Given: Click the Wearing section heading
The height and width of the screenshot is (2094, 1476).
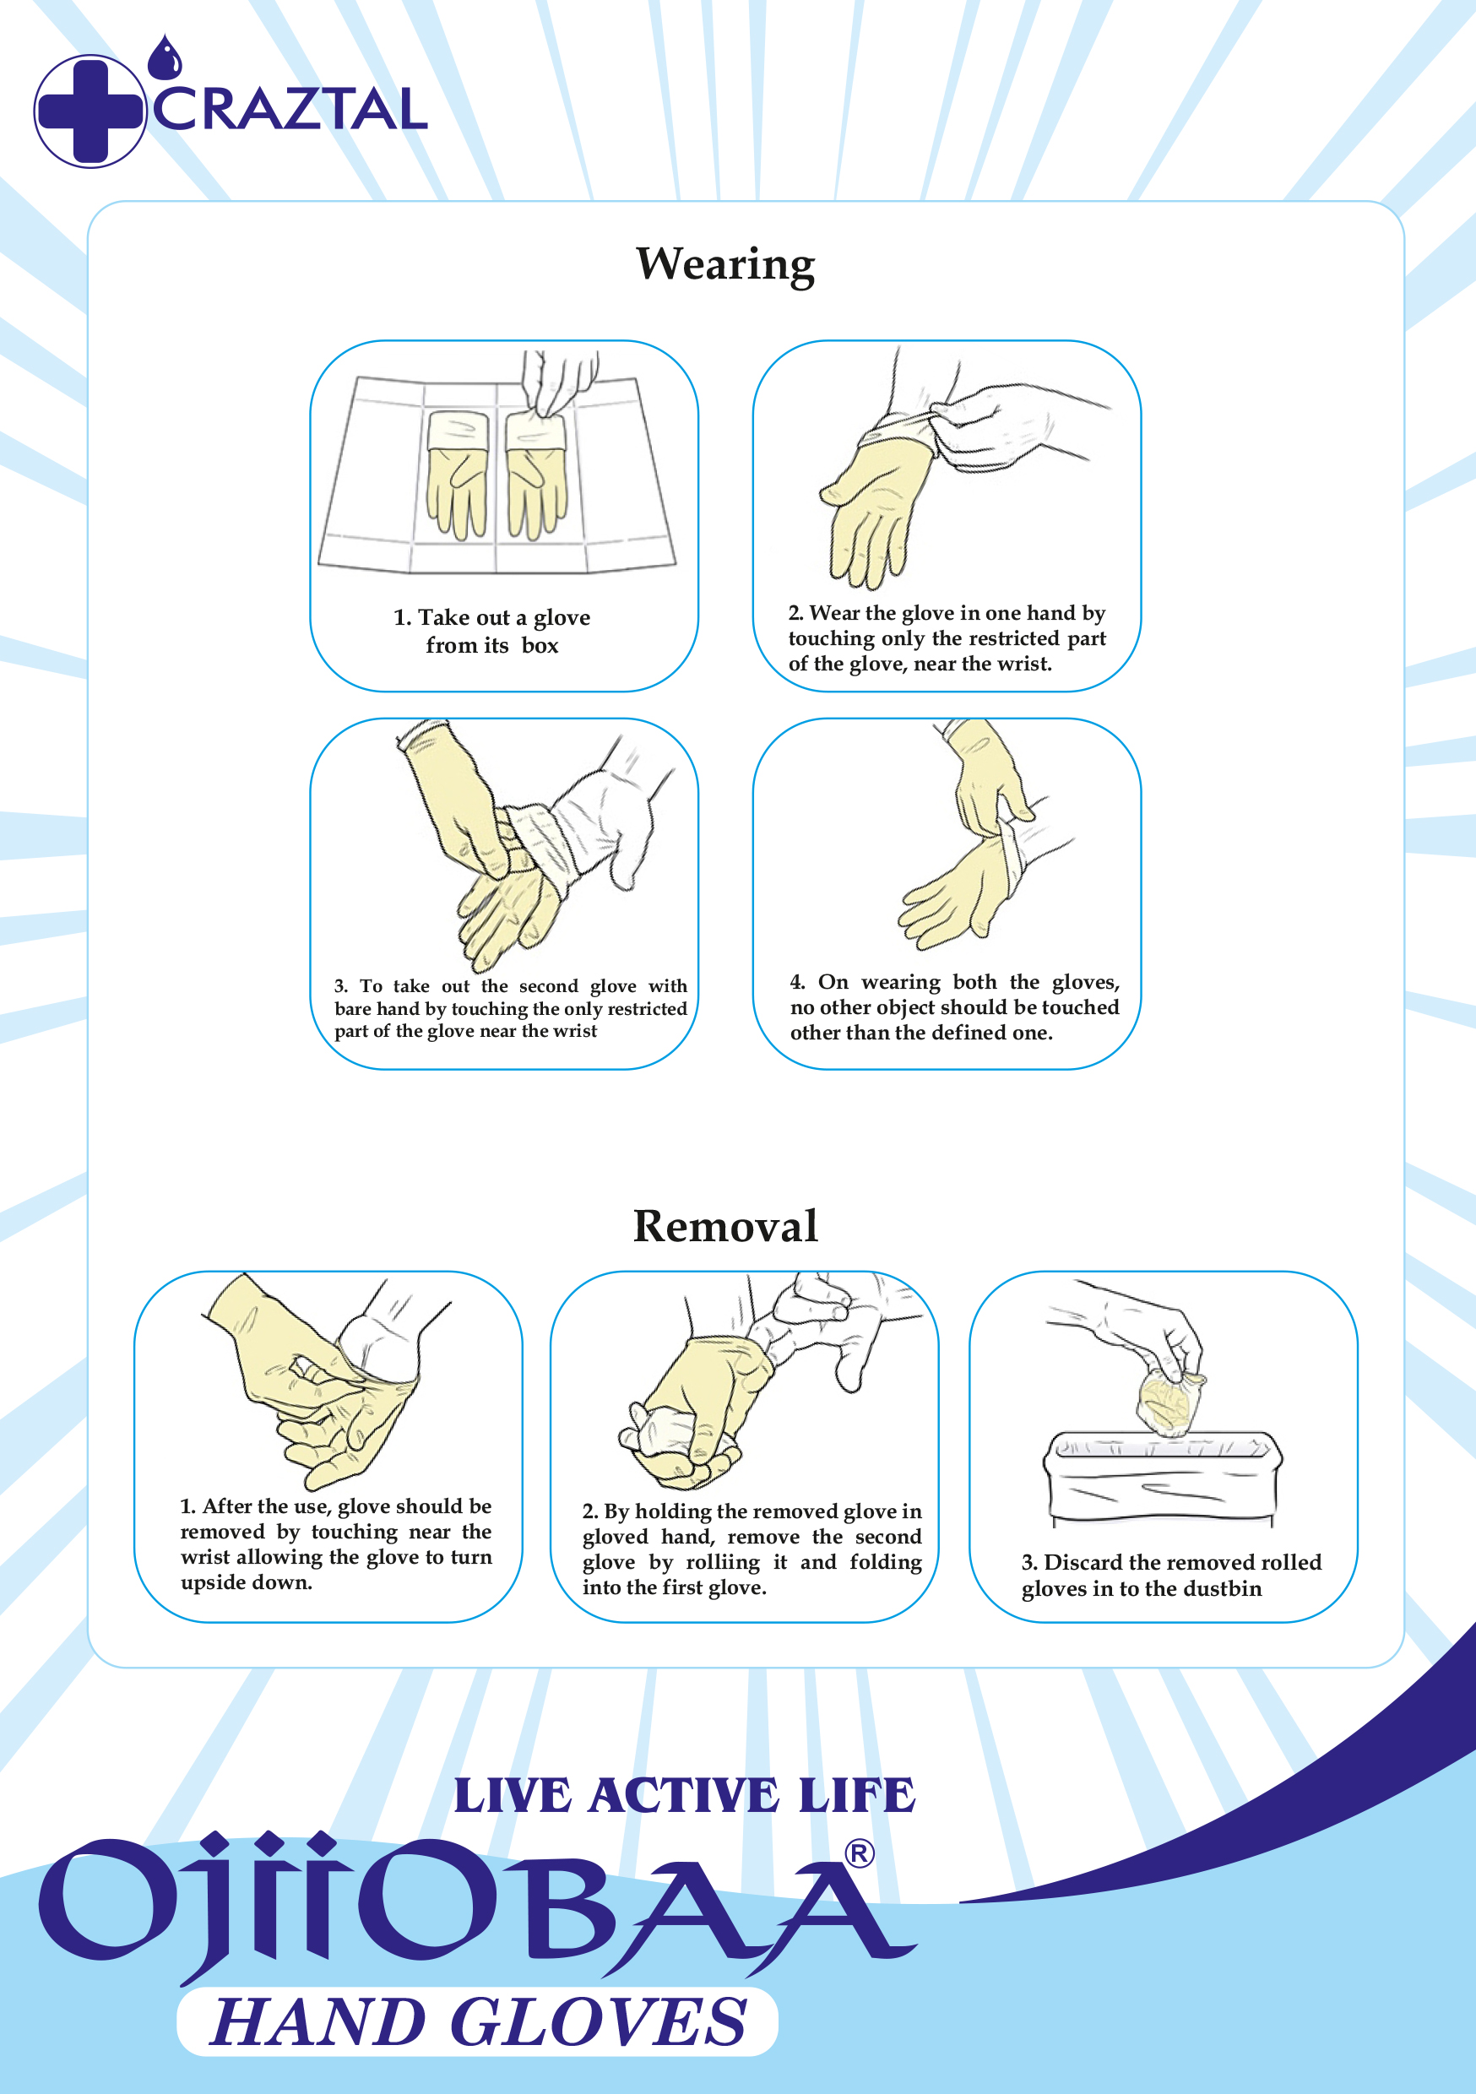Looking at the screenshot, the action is coord(725,265).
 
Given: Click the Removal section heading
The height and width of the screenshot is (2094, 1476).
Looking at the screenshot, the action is coord(725,1226).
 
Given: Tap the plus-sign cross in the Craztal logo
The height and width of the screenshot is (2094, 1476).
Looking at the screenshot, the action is coord(90,111).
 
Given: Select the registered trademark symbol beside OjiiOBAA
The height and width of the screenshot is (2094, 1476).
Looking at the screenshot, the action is coord(860,1853).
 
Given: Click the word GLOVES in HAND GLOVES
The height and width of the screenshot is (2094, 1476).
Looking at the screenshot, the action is coord(600,2022).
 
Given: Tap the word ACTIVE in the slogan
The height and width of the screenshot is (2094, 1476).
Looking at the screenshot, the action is coord(684,1796).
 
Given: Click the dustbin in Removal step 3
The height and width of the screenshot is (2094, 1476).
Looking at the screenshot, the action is coord(1162,1477).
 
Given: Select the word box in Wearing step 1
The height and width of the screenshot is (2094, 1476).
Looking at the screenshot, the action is coord(540,646).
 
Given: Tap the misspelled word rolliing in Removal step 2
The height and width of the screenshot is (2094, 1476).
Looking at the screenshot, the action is coord(723,1562).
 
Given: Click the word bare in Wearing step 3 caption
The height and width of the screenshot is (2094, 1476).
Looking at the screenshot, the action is coord(353,1009).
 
